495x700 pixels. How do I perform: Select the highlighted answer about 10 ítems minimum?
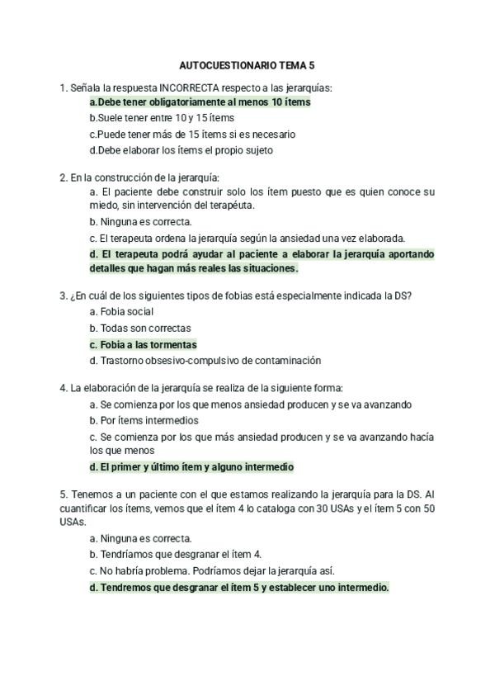(200, 102)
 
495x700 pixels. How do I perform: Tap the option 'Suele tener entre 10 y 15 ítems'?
(150, 118)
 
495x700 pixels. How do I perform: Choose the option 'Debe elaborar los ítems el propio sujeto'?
(181, 150)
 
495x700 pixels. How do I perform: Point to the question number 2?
(63, 177)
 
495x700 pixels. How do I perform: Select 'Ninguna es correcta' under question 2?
(140, 221)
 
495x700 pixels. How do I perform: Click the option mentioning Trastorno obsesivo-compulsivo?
(205, 361)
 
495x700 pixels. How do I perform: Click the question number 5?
(63, 494)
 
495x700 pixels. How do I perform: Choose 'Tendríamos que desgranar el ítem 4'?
(175, 555)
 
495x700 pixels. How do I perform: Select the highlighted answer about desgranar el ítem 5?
(239, 588)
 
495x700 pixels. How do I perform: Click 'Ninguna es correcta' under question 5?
(140, 538)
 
